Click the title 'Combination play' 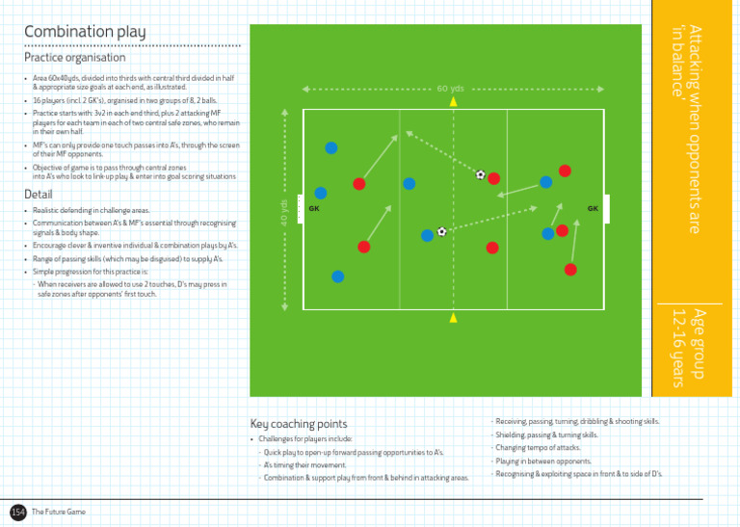point(85,33)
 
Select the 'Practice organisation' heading point(74,58)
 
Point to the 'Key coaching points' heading point(298,424)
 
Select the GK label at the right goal point(593,208)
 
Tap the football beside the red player point(480,174)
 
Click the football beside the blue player point(441,231)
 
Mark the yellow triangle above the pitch point(453,100)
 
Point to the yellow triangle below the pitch point(453,317)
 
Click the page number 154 point(18,512)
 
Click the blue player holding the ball point(427,235)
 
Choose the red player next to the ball point(493,178)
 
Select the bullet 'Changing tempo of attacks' point(539,448)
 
